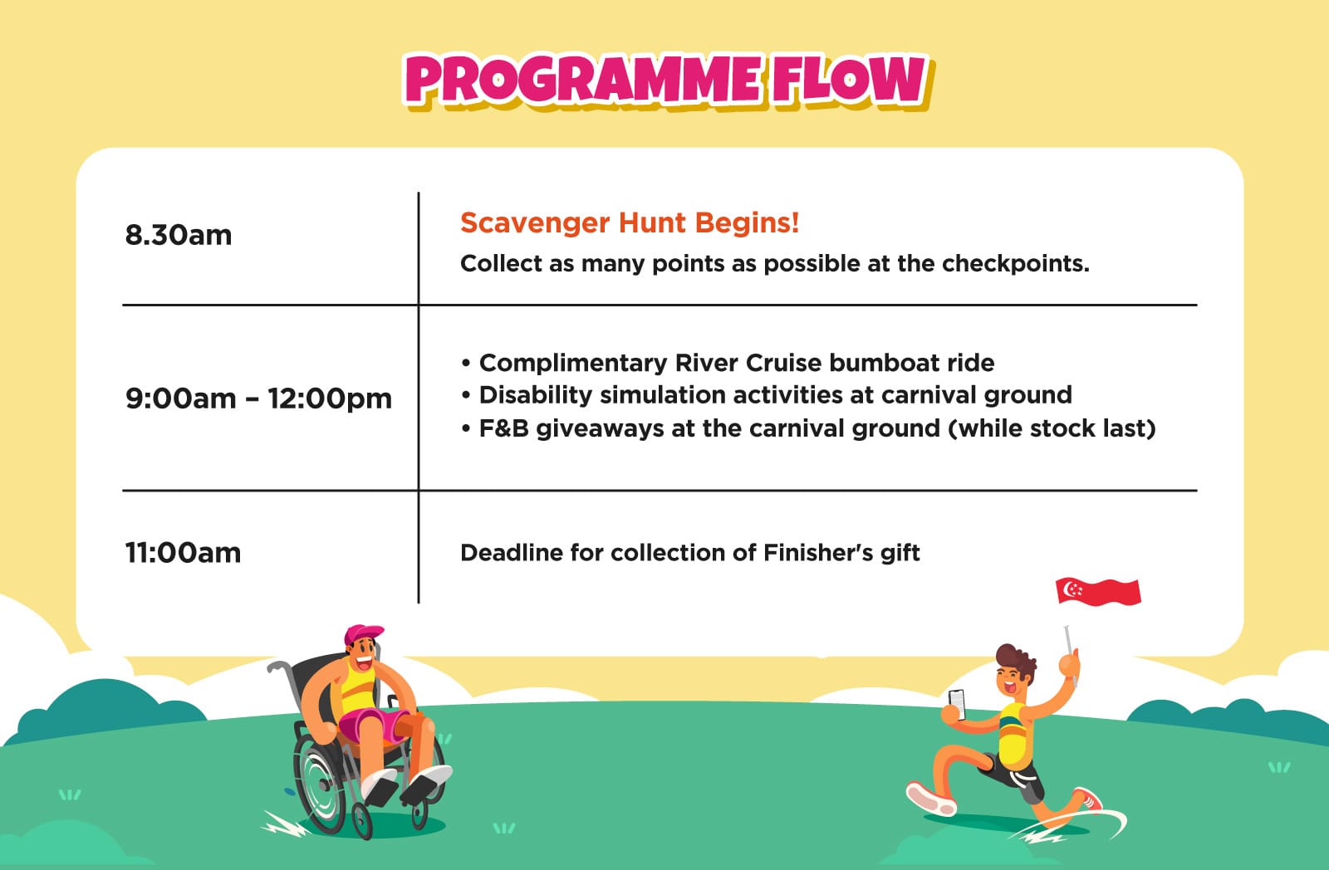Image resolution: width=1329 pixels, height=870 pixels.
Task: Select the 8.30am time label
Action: coord(178,235)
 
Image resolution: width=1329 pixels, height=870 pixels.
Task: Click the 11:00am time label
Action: coord(183,553)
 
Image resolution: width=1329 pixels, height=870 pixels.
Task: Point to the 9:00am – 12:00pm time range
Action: coord(258,398)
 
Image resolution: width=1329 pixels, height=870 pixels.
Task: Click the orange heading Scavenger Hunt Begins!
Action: coord(630,223)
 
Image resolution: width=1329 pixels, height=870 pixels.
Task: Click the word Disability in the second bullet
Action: coord(535,395)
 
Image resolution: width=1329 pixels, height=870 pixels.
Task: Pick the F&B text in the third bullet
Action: coord(503,428)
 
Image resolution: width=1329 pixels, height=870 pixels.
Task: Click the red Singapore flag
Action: coord(1098,591)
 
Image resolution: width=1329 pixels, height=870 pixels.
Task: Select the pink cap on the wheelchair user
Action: coord(363,633)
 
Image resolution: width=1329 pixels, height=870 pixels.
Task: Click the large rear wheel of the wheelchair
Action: coord(321,783)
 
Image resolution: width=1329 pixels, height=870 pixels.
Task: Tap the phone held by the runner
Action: coord(957,705)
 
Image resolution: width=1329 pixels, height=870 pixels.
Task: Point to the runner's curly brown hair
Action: coord(1016,659)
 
